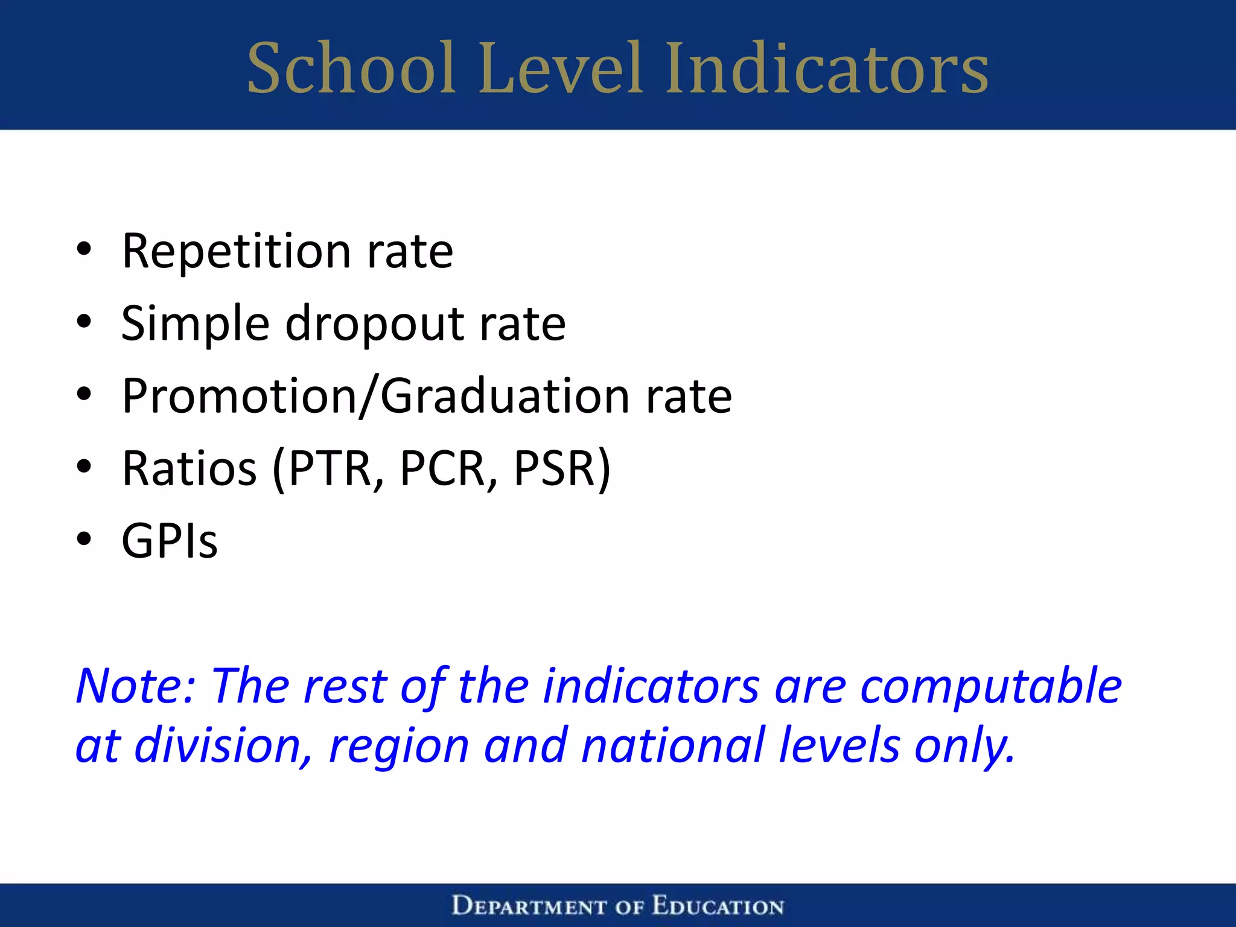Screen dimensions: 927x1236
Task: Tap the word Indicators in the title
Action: click(x=827, y=68)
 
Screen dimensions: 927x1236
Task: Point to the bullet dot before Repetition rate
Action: click(x=84, y=249)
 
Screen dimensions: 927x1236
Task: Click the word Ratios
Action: click(x=190, y=469)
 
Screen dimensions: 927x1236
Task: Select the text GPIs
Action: click(x=170, y=541)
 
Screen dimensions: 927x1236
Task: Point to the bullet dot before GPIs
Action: click(x=84, y=538)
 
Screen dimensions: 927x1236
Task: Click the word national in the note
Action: click(x=673, y=746)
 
